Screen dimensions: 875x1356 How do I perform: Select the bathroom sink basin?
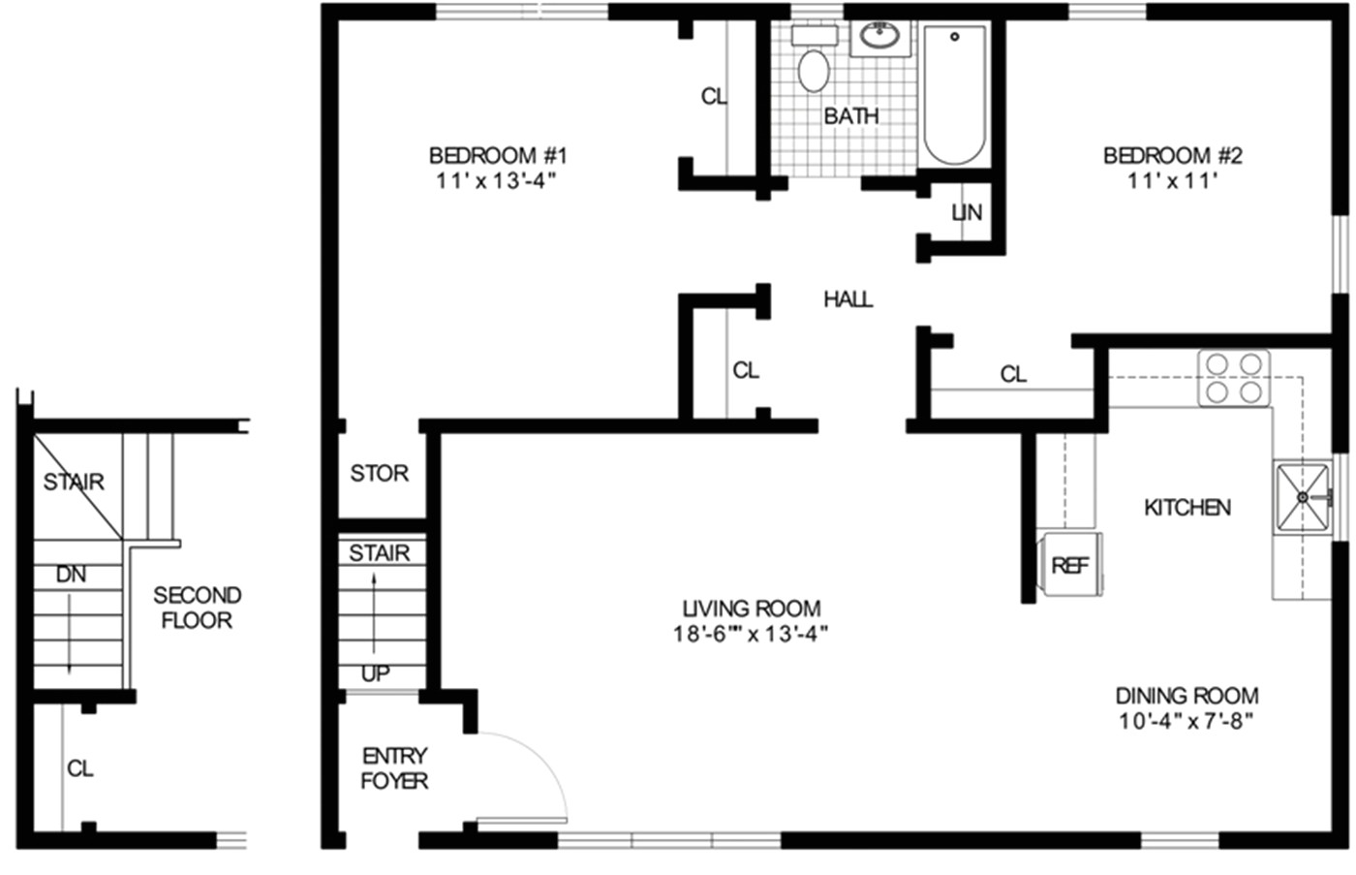pos(880,38)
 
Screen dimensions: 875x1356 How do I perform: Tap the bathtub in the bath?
pos(954,95)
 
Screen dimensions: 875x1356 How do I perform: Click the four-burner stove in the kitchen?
pos(1234,378)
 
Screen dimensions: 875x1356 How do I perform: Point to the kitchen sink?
pos(1303,497)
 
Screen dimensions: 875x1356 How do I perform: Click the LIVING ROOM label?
pos(752,609)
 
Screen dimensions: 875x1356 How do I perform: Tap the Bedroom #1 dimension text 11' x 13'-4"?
pos(497,180)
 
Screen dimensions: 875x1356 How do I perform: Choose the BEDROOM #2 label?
pos(1172,155)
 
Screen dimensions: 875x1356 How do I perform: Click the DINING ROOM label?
pos(1186,696)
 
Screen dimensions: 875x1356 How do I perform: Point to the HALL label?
pos(847,299)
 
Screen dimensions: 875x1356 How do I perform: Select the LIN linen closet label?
pos(967,212)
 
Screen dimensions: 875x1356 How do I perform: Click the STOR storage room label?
pos(379,473)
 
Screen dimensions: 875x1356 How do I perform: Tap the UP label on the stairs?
pos(375,673)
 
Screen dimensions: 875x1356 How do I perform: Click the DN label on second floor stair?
pos(71,575)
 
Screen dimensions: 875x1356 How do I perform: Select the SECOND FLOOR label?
pos(197,608)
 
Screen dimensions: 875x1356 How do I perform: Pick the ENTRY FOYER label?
pos(394,767)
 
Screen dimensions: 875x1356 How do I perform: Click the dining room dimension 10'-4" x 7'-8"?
pos(1186,721)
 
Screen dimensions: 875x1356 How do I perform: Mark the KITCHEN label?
pos(1187,508)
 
